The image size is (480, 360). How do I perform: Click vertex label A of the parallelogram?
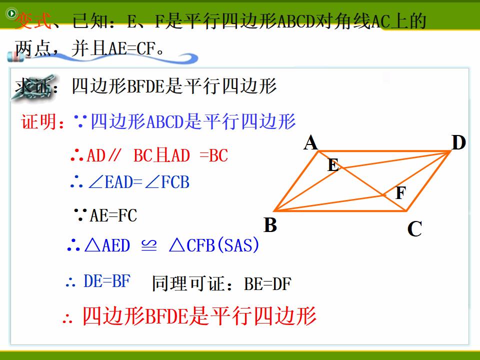click(310, 142)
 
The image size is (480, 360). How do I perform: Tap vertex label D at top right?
click(458, 142)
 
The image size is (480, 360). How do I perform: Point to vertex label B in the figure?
click(270, 225)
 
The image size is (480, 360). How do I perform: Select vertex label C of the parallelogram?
click(414, 228)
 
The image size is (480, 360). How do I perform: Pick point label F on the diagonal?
click(400, 192)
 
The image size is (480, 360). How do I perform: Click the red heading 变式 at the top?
click(33, 21)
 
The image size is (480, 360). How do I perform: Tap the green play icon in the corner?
click(11, 13)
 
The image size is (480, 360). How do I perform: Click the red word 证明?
click(39, 121)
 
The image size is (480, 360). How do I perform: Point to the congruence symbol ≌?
click(149, 245)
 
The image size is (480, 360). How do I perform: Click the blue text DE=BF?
click(107, 281)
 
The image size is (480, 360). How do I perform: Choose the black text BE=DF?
click(267, 284)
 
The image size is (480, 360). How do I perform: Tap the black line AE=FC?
click(113, 215)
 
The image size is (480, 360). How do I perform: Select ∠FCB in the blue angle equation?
click(167, 182)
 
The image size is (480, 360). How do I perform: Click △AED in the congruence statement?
click(107, 245)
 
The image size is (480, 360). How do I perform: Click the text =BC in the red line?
click(213, 155)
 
